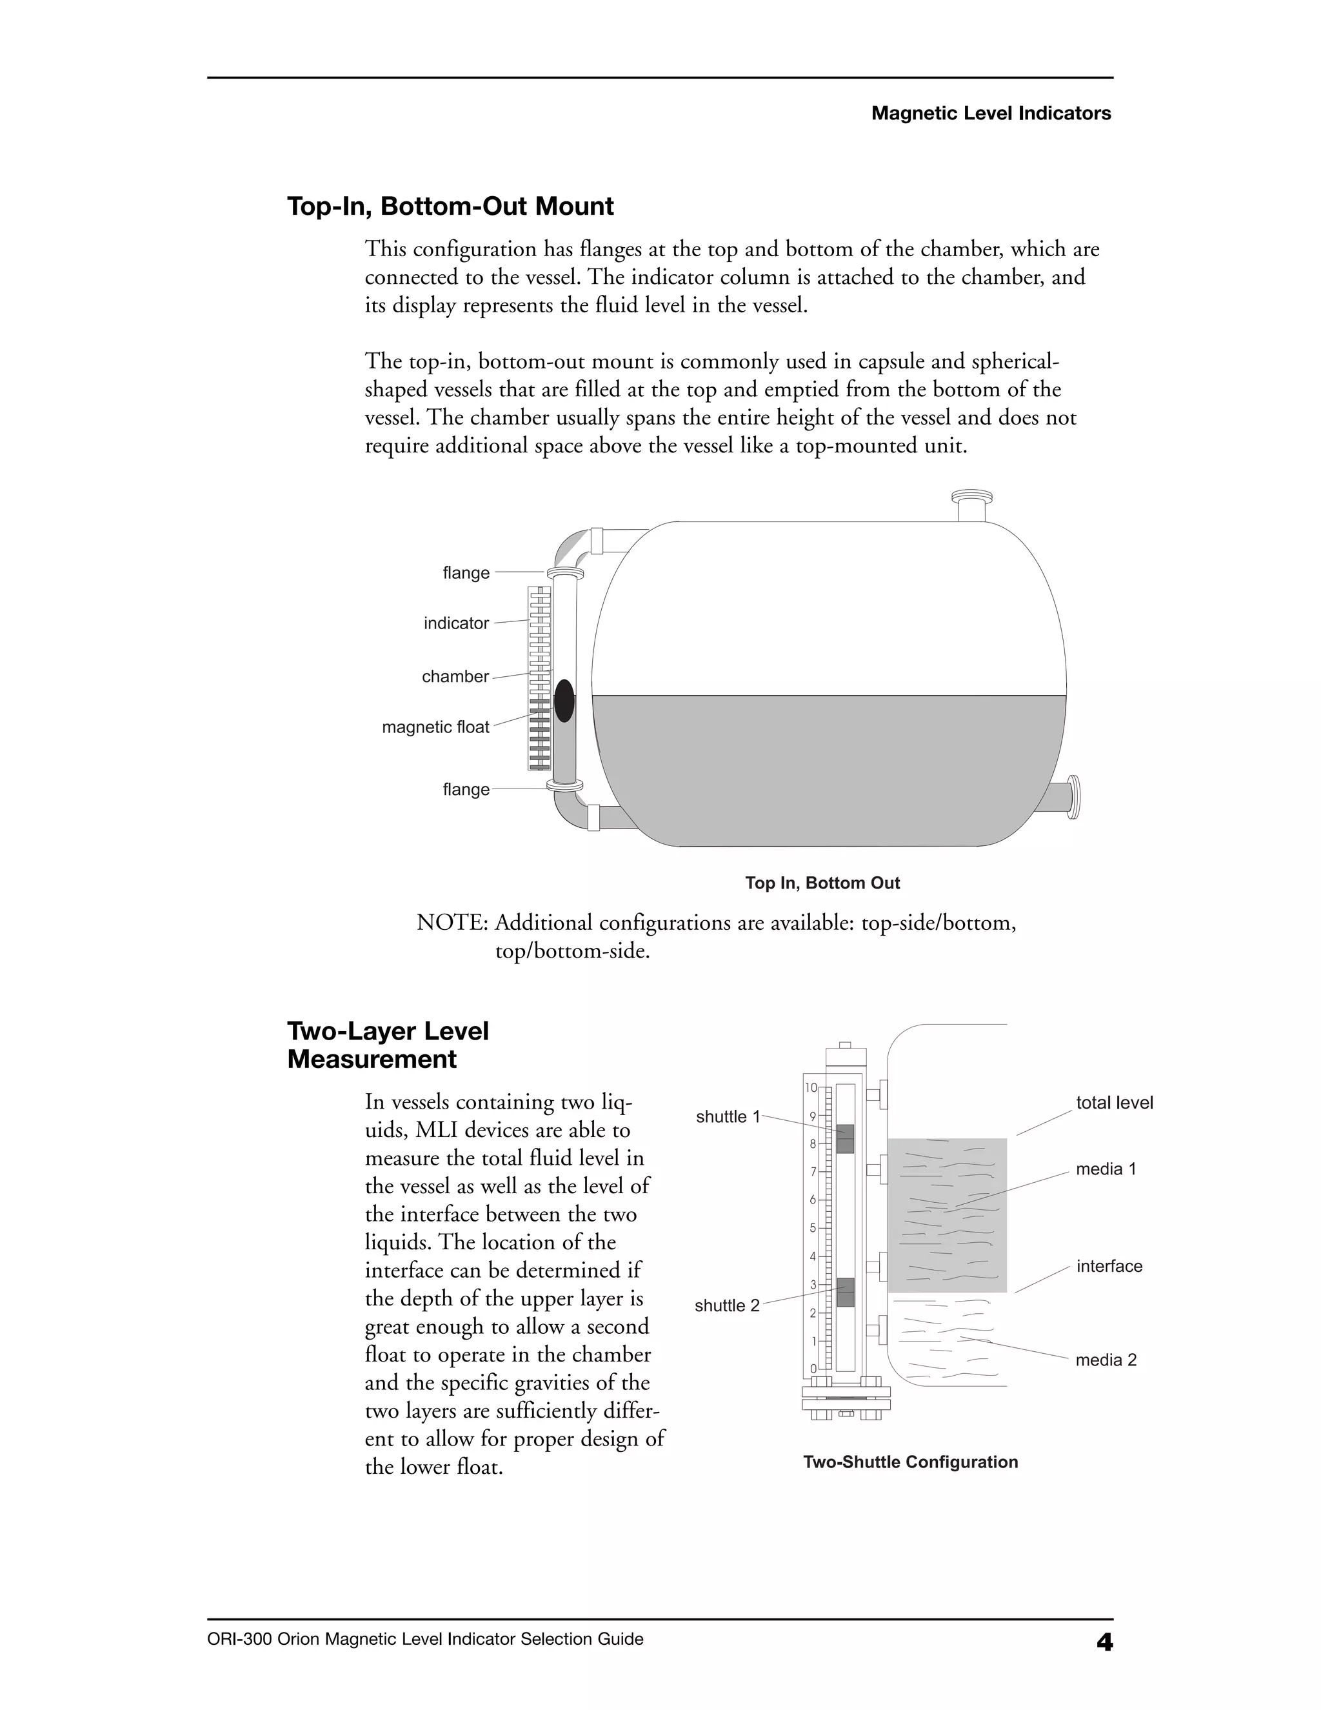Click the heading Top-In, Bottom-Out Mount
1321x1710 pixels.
pos(450,206)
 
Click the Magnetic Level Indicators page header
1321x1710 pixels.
pos(991,114)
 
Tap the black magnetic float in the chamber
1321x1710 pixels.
pos(564,700)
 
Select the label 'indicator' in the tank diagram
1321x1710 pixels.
pos(456,623)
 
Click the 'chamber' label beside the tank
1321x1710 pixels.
pos(455,676)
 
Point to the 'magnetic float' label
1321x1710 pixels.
pos(435,727)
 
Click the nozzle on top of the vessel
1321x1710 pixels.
pos(971,506)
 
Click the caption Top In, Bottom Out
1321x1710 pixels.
pos(822,883)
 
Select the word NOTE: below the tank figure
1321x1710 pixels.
pos(452,923)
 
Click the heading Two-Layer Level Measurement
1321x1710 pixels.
pos(388,1045)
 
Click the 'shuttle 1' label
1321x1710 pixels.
pos(728,1117)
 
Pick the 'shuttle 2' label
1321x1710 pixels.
pos(727,1306)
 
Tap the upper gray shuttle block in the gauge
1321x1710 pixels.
pos(845,1139)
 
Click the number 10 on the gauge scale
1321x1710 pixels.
pos(811,1087)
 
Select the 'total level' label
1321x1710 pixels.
pos(1113,1103)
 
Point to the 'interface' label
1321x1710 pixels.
pos(1109,1267)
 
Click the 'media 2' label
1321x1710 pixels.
pos(1106,1360)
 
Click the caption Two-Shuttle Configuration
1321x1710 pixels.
pos(910,1462)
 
